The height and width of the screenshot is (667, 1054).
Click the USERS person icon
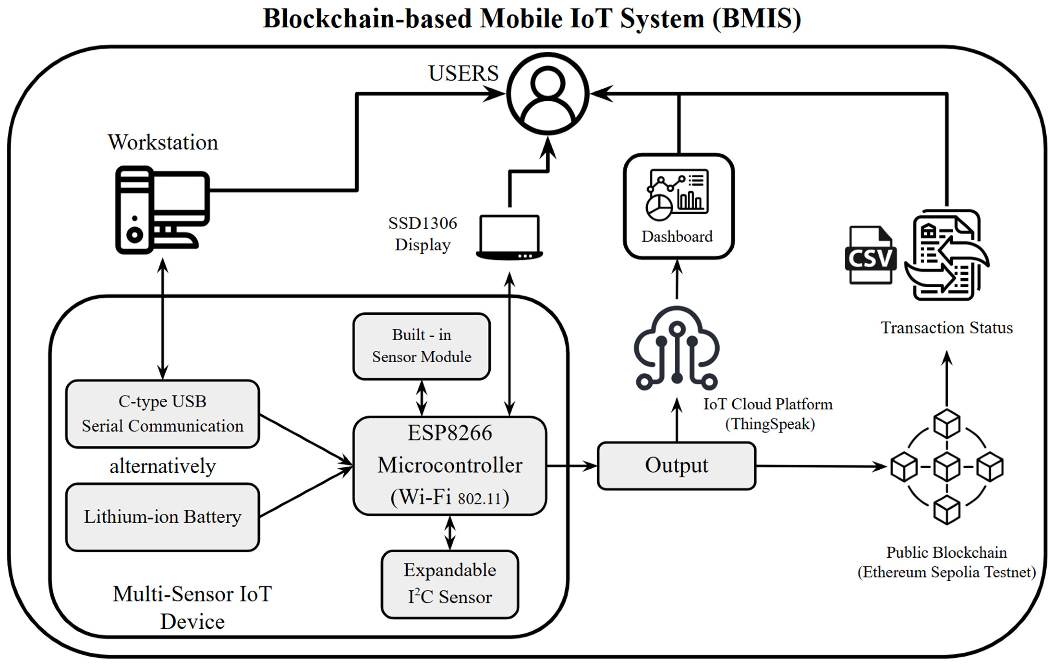click(548, 94)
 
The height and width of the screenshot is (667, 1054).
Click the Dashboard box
click(678, 206)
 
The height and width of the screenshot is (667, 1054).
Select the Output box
click(676, 466)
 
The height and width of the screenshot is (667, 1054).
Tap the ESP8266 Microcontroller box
click(449, 466)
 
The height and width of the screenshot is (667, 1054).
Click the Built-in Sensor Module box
click(421, 346)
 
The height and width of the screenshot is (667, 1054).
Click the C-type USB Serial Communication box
click(162, 414)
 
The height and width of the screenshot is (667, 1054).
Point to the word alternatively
click(162, 466)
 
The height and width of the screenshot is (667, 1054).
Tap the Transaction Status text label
click(946, 327)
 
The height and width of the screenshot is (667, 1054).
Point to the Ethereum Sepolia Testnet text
click(946, 572)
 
